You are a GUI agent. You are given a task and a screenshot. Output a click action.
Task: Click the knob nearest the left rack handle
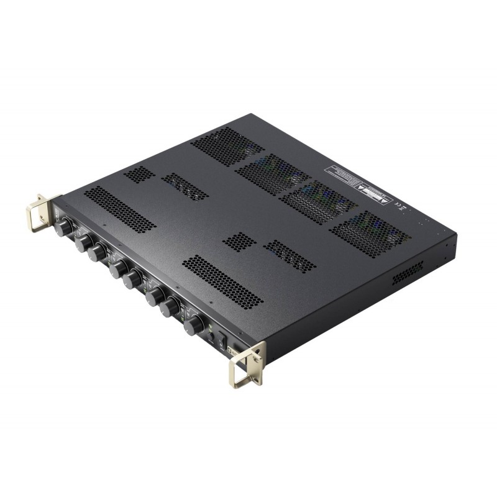click(x=63, y=229)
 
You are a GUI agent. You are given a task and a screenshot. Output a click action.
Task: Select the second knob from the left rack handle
click(x=84, y=244)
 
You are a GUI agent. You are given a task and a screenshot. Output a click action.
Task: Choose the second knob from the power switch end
click(x=170, y=308)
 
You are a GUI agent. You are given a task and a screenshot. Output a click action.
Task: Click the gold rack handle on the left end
click(x=40, y=208)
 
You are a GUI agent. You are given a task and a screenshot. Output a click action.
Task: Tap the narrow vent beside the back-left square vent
click(x=185, y=186)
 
